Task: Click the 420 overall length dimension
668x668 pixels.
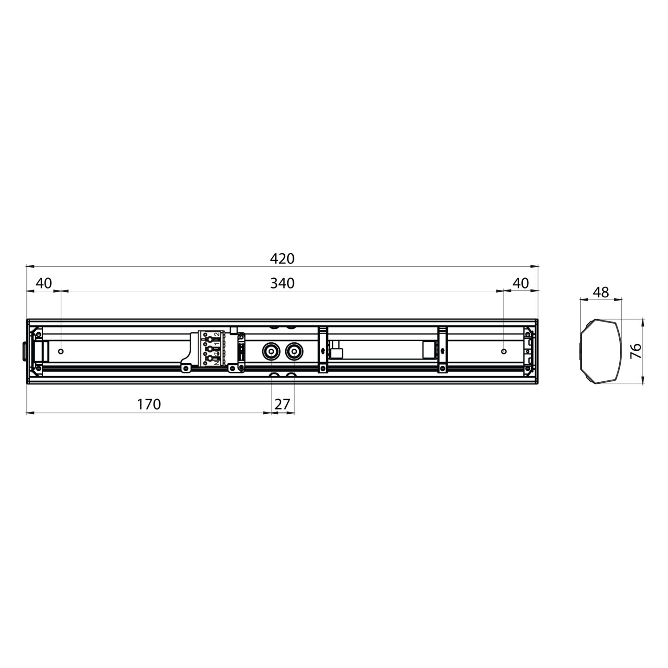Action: point(282,258)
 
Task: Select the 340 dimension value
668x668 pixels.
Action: point(282,283)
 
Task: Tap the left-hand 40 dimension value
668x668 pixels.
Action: point(44,283)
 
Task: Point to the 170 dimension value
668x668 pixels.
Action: point(149,405)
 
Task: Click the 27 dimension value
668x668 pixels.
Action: point(282,405)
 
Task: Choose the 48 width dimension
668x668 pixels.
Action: point(601,292)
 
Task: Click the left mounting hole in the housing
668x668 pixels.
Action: point(61,351)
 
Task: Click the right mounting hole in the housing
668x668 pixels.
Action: point(504,351)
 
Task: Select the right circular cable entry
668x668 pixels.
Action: point(293,352)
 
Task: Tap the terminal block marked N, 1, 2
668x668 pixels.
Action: point(211,349)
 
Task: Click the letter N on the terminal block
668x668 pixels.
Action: point(217,364)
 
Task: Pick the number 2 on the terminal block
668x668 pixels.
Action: point(217,335)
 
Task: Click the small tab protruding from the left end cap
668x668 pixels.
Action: point(23,351)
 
